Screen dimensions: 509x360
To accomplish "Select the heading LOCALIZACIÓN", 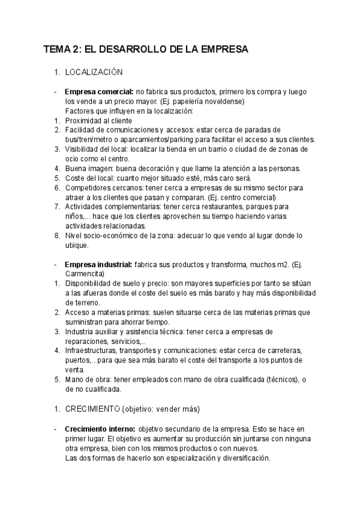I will [94, 72].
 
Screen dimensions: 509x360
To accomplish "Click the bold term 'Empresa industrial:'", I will [99, 264].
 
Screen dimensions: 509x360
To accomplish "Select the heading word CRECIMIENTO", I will [92, 409].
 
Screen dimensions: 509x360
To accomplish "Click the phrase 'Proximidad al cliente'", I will [99, 121].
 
